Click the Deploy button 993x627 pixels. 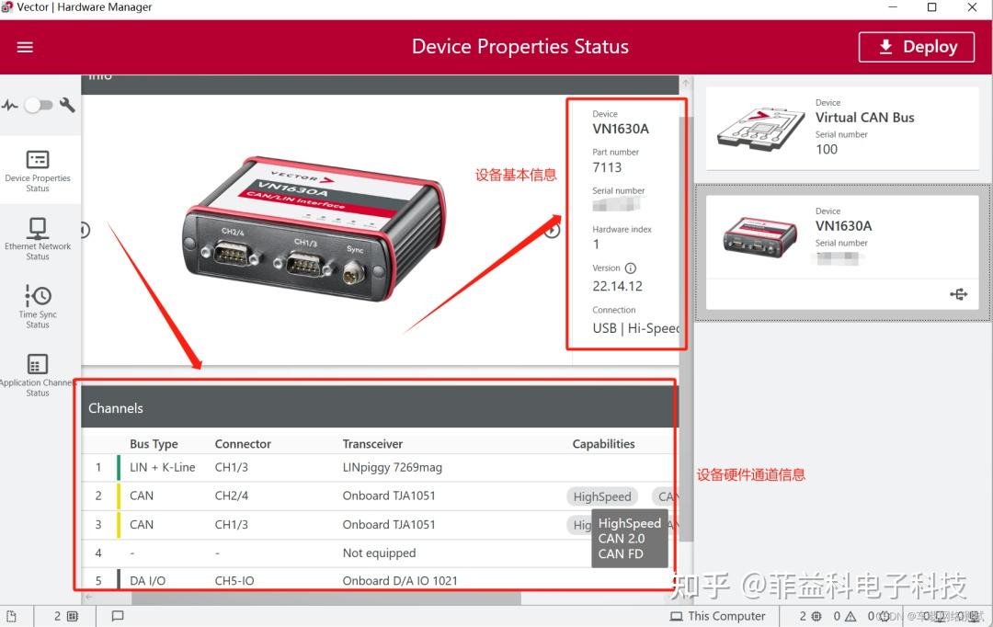pyautogui.click(x=916, y=47)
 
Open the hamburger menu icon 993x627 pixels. pyautogui.click(x=25, y=47)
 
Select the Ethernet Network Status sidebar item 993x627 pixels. pyautogui.click(x=38, y=237)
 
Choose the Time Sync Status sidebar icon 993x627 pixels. pyautogui.click(x=38, y=296)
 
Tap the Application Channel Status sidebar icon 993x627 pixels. pyautogui.click(x=38, y=364)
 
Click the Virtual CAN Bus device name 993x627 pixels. pyautogui.click(x=864, y=118)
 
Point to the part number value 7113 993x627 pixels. pyautogui.click(x=607, y=167)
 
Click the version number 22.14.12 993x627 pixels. pyautogui.click(x=617, y=286)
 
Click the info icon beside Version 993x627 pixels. pyautogui.click(x=631, y=268)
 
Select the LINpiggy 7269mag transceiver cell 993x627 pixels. pyautogui.click(x=392, y=467)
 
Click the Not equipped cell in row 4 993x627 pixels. pyautogui.click(x=379, y=553)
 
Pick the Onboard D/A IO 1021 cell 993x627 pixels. pyautogui.click(x=399, y=581)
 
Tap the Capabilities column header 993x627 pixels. pyautogui.click(x=603, y=444)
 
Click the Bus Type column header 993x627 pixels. pyautogui.click(x=154, y=444)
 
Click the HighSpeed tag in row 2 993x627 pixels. pyautogui.click(x=602, y=496)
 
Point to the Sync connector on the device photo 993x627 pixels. pyautogui.click(x=354, y=272)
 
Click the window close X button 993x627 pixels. pyautogui.click(x=972, y=8)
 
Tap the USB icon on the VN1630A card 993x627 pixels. pyautogui.click(x=959, y=294)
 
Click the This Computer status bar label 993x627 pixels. pyautogui.click(x=726, y=616)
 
